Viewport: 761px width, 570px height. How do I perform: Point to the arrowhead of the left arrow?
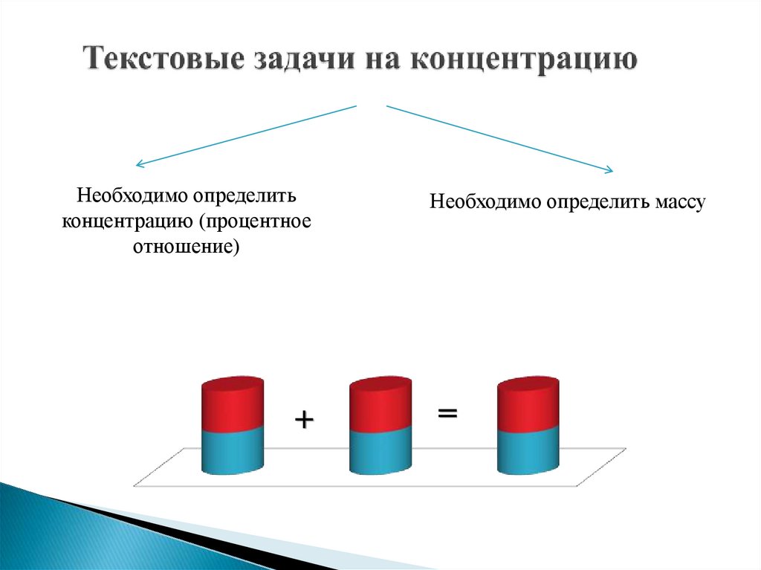137,164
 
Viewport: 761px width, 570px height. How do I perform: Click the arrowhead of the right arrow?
609,170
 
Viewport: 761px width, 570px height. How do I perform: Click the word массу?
679,201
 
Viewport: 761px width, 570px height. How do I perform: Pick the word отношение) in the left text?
187,246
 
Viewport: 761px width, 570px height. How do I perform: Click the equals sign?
447,412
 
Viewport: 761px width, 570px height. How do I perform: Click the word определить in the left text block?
246,198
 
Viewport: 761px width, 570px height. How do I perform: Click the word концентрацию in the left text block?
128,222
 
